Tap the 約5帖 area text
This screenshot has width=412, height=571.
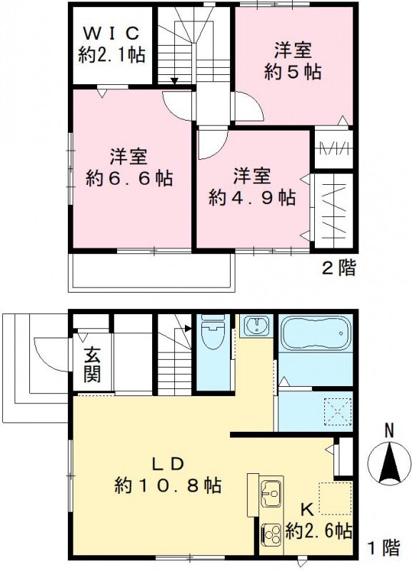coord(293,72)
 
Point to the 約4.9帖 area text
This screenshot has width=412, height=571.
coord(252,197)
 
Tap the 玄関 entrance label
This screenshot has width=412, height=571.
coord(91,363)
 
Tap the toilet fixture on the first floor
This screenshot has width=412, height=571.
coord(214,335)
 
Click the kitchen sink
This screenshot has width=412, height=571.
coord(271,492)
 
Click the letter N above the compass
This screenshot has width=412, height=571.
coord(389,430)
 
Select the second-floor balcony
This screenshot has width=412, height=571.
coord(151,272)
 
